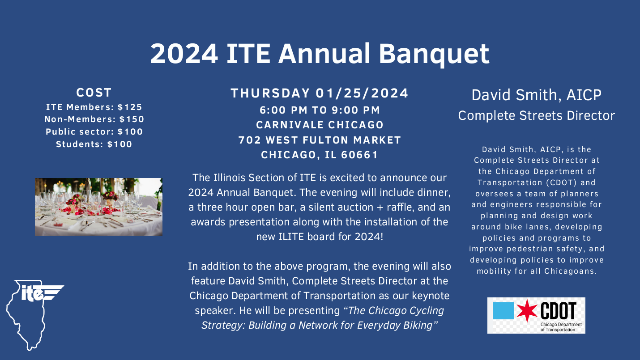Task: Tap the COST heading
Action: (94, 93)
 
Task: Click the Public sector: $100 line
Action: (94, 132)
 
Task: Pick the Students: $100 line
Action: (94, 144)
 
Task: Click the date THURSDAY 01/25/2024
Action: (320, 93)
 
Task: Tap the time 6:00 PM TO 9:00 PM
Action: (320, 110)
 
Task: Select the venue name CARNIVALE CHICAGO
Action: (320, 125)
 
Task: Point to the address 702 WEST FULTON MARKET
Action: (320, 140)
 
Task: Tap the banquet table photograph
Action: (98, 207)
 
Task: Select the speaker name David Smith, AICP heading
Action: (536, 95)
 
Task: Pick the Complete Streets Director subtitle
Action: (536, 115)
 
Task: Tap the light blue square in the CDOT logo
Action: (503, 310)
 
